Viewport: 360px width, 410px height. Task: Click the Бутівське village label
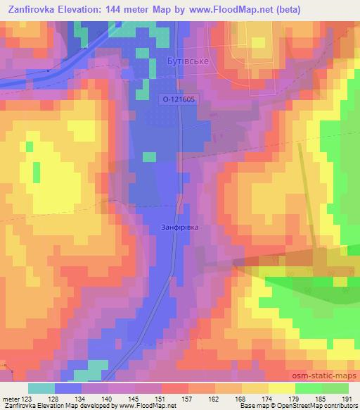(188, 62)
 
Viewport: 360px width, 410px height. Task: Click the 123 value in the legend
(28, 398)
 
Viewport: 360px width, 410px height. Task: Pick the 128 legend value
(55, 398)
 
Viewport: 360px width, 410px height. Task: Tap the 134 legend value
(82, 398)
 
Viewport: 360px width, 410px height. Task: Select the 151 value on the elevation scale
(161, 398)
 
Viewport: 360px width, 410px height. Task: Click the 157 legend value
(188, 398)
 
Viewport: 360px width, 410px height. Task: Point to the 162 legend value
(214, 398)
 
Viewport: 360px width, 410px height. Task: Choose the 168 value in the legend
(241, 398)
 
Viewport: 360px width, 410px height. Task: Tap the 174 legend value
(268, 398)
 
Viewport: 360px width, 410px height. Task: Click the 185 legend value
(321, 398)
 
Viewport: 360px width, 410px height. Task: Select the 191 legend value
(348, 398)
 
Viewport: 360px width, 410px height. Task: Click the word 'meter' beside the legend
(11, 398)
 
